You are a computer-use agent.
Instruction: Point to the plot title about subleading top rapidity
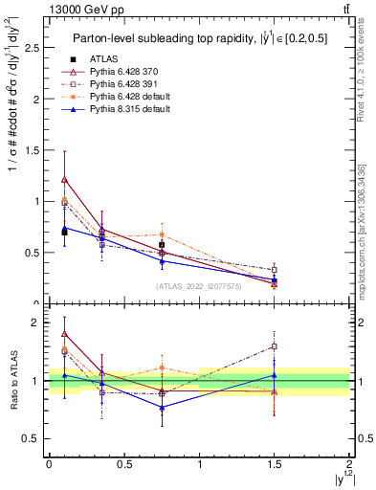(x=195, y=38)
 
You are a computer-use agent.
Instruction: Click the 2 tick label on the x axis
(x=350, y=463)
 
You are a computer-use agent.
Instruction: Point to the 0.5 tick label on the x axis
(x=123, y=463)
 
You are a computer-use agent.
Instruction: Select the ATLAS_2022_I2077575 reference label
(x=199, y=285)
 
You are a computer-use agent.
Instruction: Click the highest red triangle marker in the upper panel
(x=64, y=179)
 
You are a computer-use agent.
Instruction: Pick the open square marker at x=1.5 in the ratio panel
(x=275, y=346)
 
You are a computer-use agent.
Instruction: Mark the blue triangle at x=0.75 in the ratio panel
(x=162, y=408)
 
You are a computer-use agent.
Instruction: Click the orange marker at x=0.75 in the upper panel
(x=162, y=234)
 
